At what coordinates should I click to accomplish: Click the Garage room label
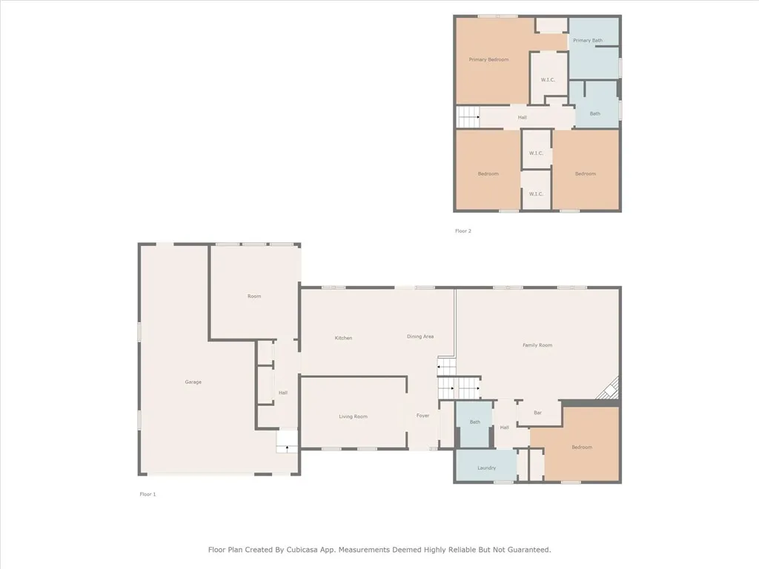(193, 382)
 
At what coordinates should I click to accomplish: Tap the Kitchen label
(343, 338)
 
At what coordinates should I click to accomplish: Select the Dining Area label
(420, 336)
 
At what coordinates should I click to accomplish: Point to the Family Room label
(537, 345)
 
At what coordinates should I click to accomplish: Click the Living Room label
(354, 416)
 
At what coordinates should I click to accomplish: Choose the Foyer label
(422, 416)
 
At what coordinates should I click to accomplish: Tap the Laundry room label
(486, 468)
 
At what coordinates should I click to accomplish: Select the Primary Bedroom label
(488, 59)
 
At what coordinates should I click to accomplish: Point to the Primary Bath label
(588, 40)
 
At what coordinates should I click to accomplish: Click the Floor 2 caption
(463, 231)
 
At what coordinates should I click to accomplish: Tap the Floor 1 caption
(148, 494)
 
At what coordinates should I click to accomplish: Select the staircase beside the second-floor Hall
(468, 117)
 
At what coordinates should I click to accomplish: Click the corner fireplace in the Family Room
(610, 388)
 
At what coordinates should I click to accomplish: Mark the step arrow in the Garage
(288, 447)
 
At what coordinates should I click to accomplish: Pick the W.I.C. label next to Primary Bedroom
(548, 80)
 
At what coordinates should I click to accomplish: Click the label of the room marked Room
(254, 296)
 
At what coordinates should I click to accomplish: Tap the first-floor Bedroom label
(582, 447)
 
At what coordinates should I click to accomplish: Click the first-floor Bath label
(475, 422)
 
